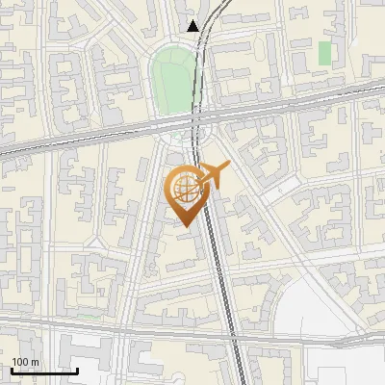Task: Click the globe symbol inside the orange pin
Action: (x=184, y=190)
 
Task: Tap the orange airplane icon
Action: (x=213, y=176)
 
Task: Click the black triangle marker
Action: (x=193, y=26)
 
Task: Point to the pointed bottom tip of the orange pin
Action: (x=184, y=226)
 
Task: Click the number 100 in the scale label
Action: (x=19, y=362)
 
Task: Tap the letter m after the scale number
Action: (x=34, y=362)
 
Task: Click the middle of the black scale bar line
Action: (x=44, y=371)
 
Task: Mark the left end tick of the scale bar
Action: (x=12, y=369)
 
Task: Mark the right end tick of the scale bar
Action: (x=77, y=369)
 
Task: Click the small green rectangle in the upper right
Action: (x=324, y=52)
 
